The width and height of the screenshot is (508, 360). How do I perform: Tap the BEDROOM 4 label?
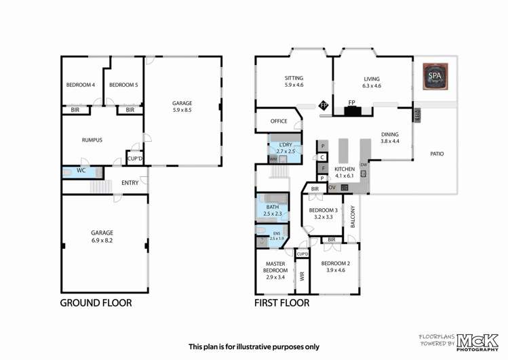coord(80,85)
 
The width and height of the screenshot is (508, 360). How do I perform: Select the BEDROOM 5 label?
coord(123,85)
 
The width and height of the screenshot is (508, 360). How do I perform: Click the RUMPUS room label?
coord(92,140)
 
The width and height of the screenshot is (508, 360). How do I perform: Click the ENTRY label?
coord(130,182)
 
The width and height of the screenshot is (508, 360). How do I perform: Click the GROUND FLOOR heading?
coord(96,303)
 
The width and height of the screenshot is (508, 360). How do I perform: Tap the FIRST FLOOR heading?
coord(281,303)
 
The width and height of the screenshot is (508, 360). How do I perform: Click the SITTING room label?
coord(294,78)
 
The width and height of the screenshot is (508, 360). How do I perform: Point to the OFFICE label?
coord(279,121)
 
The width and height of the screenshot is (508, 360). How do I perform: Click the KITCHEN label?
coord(345,168)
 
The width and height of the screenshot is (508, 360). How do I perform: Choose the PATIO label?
coord(437,154)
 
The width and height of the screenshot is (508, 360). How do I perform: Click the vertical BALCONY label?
coord(353,216)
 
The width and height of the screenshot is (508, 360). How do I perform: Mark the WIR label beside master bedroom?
coord(302,277)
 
